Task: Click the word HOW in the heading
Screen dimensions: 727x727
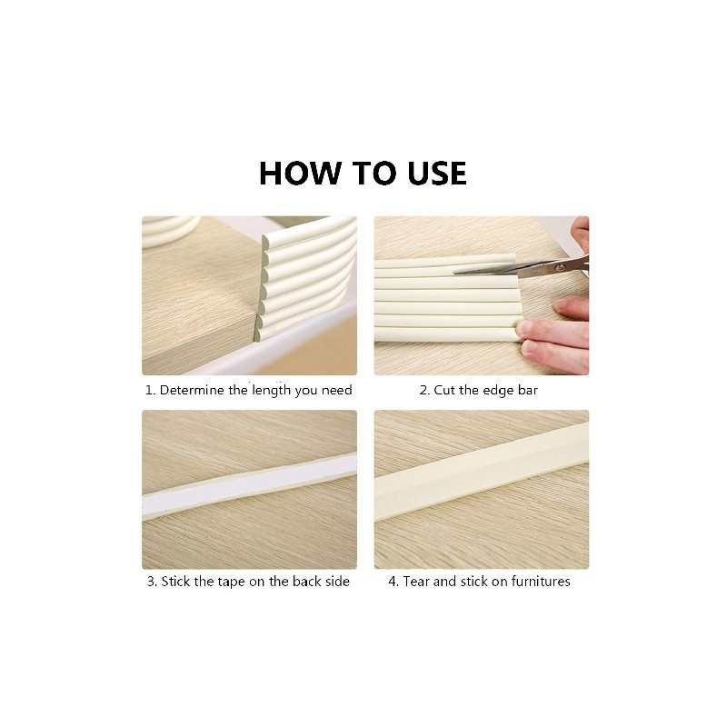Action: coord(300,174)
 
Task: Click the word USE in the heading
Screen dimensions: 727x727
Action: coord(437,174)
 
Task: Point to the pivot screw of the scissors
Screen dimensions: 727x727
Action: coord(560,267)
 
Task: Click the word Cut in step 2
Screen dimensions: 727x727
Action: coord(443,391)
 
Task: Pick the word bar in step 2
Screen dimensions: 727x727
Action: coord(528,391)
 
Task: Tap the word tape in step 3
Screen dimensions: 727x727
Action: coord(231,582)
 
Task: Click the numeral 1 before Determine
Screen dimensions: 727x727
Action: coord(149,391)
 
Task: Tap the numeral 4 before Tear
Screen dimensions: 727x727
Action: coord(393,582)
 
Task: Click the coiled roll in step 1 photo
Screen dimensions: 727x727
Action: coord(170,230)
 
